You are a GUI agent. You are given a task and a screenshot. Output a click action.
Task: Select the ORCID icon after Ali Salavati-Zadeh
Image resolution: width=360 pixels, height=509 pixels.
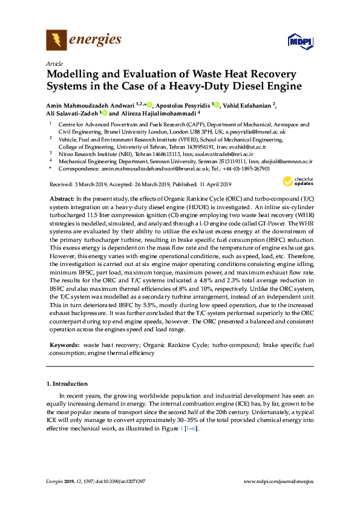[x=105, y=113]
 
